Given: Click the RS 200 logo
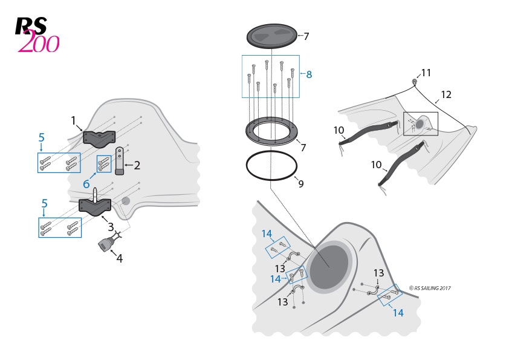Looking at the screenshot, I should point(37,34).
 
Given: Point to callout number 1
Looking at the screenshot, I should point(74,120).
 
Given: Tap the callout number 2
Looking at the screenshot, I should point(137,165).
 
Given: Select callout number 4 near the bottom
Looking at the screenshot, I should point(119,258).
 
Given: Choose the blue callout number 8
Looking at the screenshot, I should point(309,74).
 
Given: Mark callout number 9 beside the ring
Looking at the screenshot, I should point(300,184).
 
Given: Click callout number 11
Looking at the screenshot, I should point(426,73).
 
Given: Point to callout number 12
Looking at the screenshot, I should point(446,95).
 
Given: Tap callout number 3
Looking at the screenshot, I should point(111,227).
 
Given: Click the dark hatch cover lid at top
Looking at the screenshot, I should point(272,36).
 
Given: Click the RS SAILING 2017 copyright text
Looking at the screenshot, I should point(429,288).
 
